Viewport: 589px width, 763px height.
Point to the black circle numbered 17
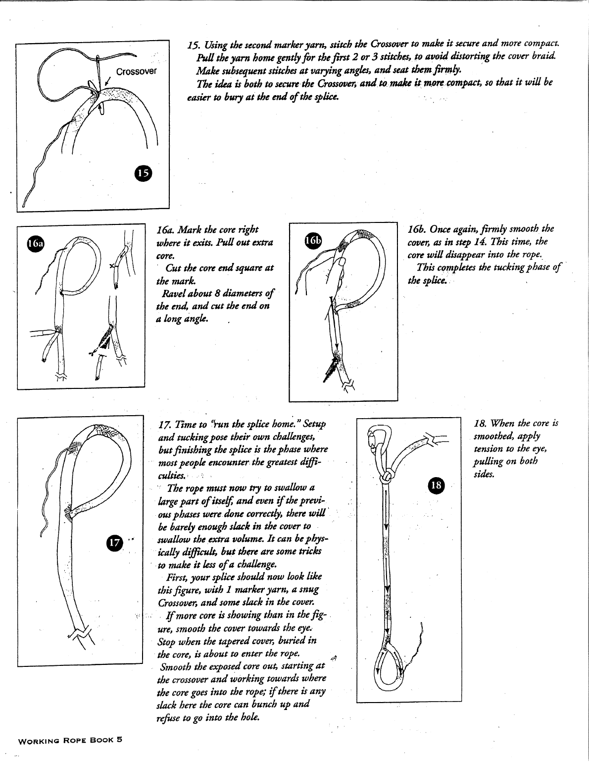click(115, 543)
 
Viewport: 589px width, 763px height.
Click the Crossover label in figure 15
click(136, 71)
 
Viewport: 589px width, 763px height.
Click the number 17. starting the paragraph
click(165, 425)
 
